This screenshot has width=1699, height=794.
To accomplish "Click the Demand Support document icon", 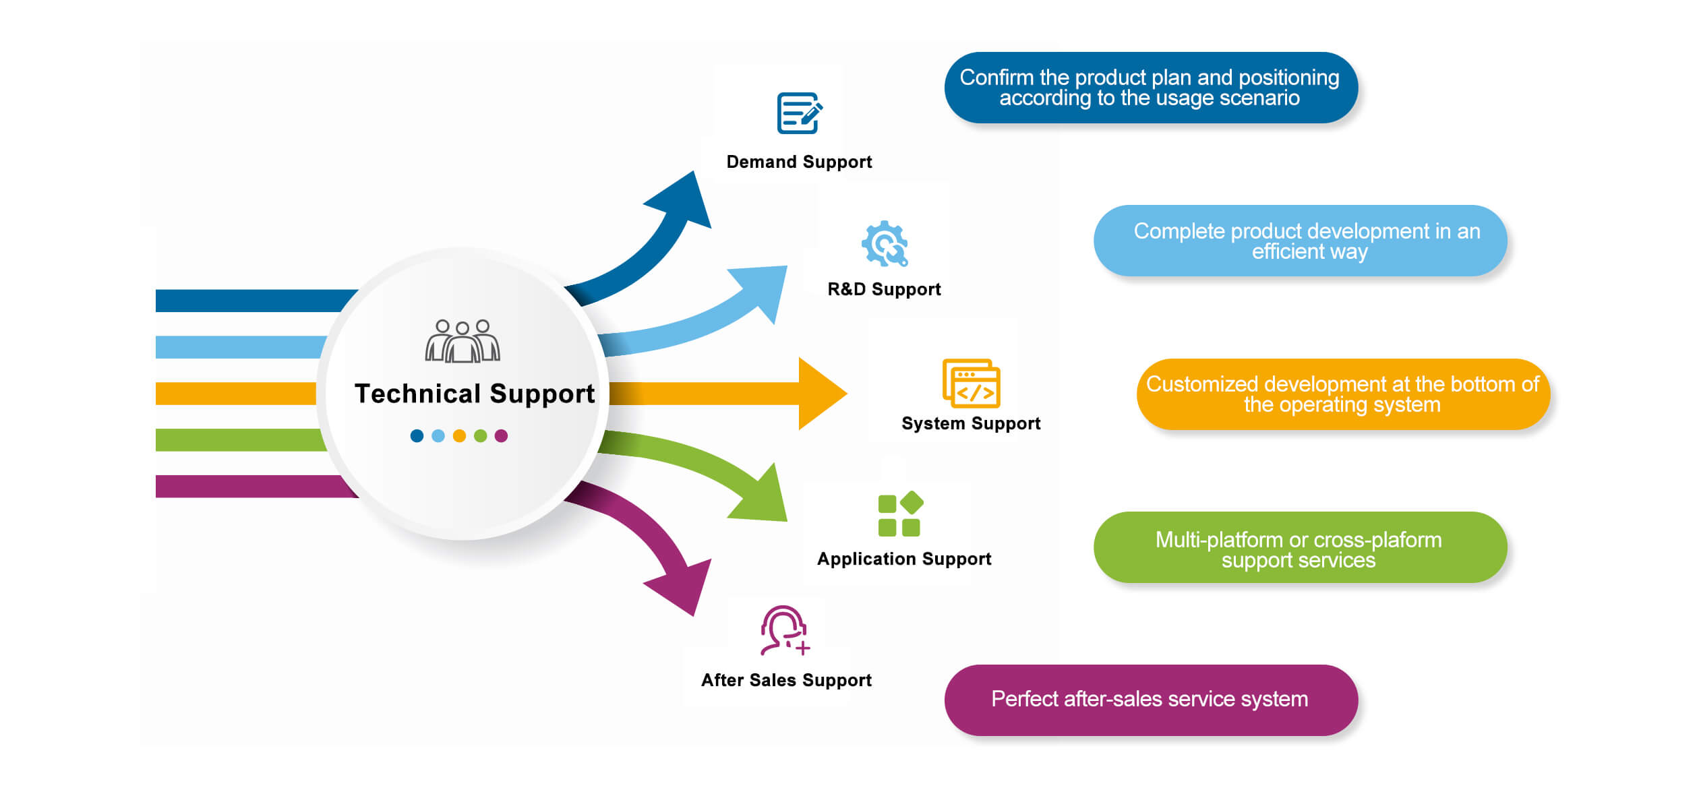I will (799, 113).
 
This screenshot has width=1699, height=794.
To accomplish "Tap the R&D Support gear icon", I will (885, 243).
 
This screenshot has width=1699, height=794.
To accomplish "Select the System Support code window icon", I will (971, 384).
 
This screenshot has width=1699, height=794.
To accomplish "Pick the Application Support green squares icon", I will (900, 514).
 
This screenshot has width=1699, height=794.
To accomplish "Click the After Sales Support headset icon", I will (784, 630).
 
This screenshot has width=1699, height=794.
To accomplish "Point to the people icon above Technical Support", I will (463, 341).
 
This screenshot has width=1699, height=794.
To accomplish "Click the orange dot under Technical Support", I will (459, 436).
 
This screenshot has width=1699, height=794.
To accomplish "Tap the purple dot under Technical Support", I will (501, 436).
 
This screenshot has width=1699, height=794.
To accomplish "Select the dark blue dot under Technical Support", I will (417, 436).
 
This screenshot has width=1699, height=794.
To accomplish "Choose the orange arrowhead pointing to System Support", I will (819, 394).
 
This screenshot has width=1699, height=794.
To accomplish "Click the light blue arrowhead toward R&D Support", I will (762, 290).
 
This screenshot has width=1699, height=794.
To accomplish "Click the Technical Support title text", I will (475, 394).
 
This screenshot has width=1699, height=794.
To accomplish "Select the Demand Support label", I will (799, 162).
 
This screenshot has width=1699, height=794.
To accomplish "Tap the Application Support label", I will (904, 559).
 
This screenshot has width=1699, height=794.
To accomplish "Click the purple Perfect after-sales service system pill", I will (1151, 700).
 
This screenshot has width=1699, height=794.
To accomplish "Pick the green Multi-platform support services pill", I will (1300, 547).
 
